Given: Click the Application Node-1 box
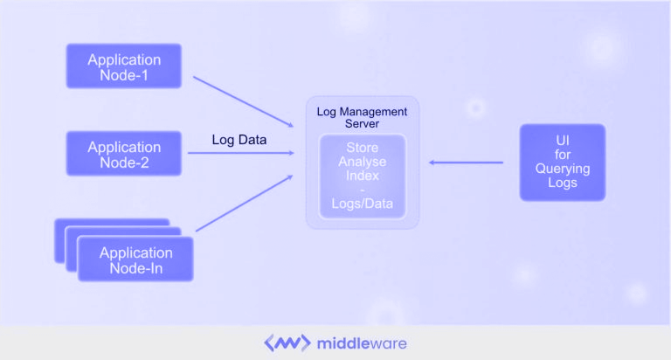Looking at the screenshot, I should [x=124, y=66].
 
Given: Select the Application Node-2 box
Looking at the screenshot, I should [x=124, y=154].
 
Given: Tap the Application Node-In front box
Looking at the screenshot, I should [x=135, y=260].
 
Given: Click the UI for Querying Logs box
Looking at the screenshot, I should [x=563, y=162].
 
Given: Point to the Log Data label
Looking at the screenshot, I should [x=239, y=140].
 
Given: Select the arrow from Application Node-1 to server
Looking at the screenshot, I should [x=242, y=100].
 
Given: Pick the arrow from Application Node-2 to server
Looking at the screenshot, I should [x=240, y=154].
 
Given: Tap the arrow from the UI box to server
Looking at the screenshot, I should [x=465, y=162].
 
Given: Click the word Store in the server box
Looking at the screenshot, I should [x=362, y=148].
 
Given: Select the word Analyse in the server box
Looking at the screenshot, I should [x=362, y=162].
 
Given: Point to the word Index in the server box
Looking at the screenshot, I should [x=362, y=176].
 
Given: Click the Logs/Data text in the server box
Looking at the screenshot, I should [x=362, y=204].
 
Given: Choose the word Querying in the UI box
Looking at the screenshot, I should [x=563, y=169].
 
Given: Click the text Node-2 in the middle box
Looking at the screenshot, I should [x=124, y=162].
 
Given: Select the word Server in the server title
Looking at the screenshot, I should [x=362, y=124].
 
